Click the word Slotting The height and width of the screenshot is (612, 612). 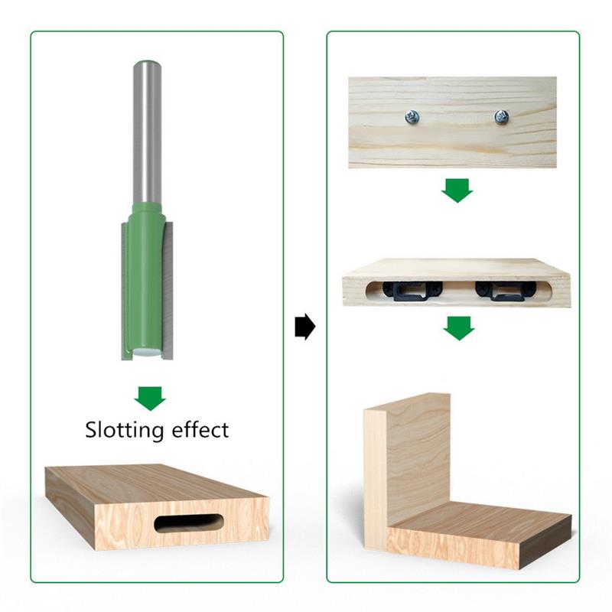point(124,431)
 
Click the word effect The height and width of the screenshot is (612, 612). point(200,429)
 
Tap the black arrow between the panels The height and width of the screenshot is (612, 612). point(304,327)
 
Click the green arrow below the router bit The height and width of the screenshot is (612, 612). point(150,398)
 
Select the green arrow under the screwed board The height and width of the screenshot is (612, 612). point(457,190)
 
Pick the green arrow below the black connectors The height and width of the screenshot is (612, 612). point(459,328)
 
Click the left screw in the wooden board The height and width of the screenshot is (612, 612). point(412,116)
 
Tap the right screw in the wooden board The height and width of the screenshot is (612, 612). point(501,117)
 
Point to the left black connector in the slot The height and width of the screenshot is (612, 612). point(412,291)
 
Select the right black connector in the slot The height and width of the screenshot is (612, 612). point(505,291)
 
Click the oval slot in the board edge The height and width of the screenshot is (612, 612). point(189,523)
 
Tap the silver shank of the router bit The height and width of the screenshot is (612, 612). point(147,132)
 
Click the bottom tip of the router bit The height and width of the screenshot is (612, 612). point(147,354)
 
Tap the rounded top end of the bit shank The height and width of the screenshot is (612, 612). point(148,64)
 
